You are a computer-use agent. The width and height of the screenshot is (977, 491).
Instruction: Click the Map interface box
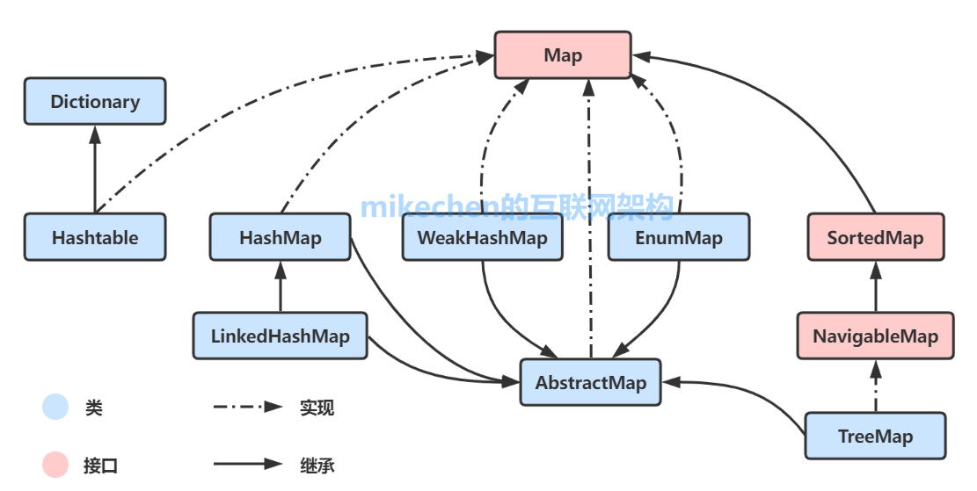pyautogui.click(x=563, y=55)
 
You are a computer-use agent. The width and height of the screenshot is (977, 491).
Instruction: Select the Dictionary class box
pyautogui.click(x=95, y=101)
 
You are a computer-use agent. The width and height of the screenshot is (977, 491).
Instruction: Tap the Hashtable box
pyautogui.click(x=95, y=237)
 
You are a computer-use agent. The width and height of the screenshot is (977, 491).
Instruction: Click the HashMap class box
pyautogui.click(x=280, y=237)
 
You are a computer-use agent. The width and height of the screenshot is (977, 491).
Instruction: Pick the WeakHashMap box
pyautogui.click(x=482, y=237)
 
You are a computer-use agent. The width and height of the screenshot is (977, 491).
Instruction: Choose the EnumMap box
pyautogui.click(x=679, y=237)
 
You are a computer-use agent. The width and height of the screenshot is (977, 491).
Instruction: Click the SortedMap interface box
pyautogui.click(x=875, y=237)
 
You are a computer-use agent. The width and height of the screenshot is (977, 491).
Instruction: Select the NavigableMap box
pyautogui.click(x=875, y=336)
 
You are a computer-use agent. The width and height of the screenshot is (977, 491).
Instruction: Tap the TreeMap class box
pyautogui.click(x=875, y=436)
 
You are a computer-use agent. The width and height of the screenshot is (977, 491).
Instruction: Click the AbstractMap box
pyautogui.click(x=590, y=382)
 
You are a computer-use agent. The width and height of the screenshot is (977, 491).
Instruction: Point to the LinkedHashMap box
pyautogui.click(x=280, y=336)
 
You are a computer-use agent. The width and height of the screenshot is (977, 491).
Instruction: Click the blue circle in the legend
pyautogui.click(x=55, y=408)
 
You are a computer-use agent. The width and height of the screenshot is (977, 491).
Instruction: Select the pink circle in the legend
pyautogui.click(x=55, y=465)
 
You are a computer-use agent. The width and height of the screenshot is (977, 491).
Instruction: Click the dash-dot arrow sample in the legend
pyautogui.click(x=247, y=408)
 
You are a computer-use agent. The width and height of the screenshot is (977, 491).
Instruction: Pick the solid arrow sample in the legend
pyautogui.click(x=247, y=465)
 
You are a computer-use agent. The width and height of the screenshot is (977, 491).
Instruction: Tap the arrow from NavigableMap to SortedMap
pyautogui.click(x=875, y=286)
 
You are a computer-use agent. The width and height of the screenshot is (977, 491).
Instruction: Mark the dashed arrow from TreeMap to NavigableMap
pyautogui.click(x=875, y=386)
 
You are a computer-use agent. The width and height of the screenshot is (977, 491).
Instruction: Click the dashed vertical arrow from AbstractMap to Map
pyautogui.click(x=590, y=220)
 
